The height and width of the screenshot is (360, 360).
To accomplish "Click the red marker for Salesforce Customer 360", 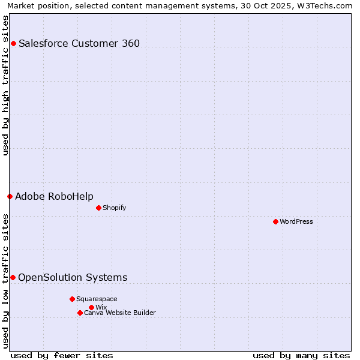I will [x=13, y=43].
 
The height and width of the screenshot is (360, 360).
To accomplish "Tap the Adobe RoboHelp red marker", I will [x=10, y=196].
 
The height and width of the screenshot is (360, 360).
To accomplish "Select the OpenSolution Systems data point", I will [x=13, y=277].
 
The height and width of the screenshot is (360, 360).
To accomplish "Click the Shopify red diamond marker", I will [x=98, y=208].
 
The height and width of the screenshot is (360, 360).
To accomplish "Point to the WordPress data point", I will [x=275, y=221].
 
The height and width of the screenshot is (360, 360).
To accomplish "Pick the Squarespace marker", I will [x=72, y=299].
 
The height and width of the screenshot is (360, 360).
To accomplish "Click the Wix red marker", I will [x=91, y=307].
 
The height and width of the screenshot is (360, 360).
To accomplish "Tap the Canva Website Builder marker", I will [x=80, y=313].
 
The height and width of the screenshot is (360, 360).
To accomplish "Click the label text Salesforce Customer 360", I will [x=79, y=43].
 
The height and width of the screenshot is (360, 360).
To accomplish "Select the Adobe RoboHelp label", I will [x=54, y=196].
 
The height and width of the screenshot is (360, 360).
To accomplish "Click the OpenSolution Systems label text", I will [x=73, y=277].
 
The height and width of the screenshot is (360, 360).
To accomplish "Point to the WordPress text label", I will [x=296, y=221].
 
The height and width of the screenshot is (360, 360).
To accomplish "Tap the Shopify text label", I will [x=114, y=208].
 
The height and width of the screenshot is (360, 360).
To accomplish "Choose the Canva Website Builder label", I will [x=120, y=313].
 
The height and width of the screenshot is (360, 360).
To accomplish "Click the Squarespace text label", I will [x=97, y=299].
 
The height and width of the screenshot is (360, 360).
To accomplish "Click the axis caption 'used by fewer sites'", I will [x=62, y=355].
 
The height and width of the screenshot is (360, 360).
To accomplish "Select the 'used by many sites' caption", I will [x=301, y=355].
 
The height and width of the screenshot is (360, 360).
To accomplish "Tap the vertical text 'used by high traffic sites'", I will [x=6, y=85].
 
